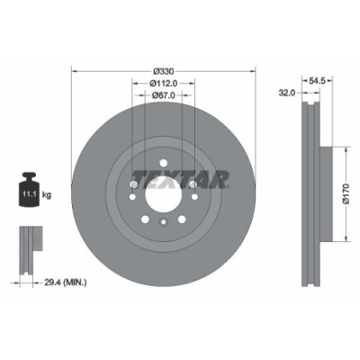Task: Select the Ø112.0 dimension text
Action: tap(162, 85)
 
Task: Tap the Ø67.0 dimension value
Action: tap(162, 97)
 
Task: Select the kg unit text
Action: tap(47, 192)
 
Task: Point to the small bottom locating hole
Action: tap(162, 220)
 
